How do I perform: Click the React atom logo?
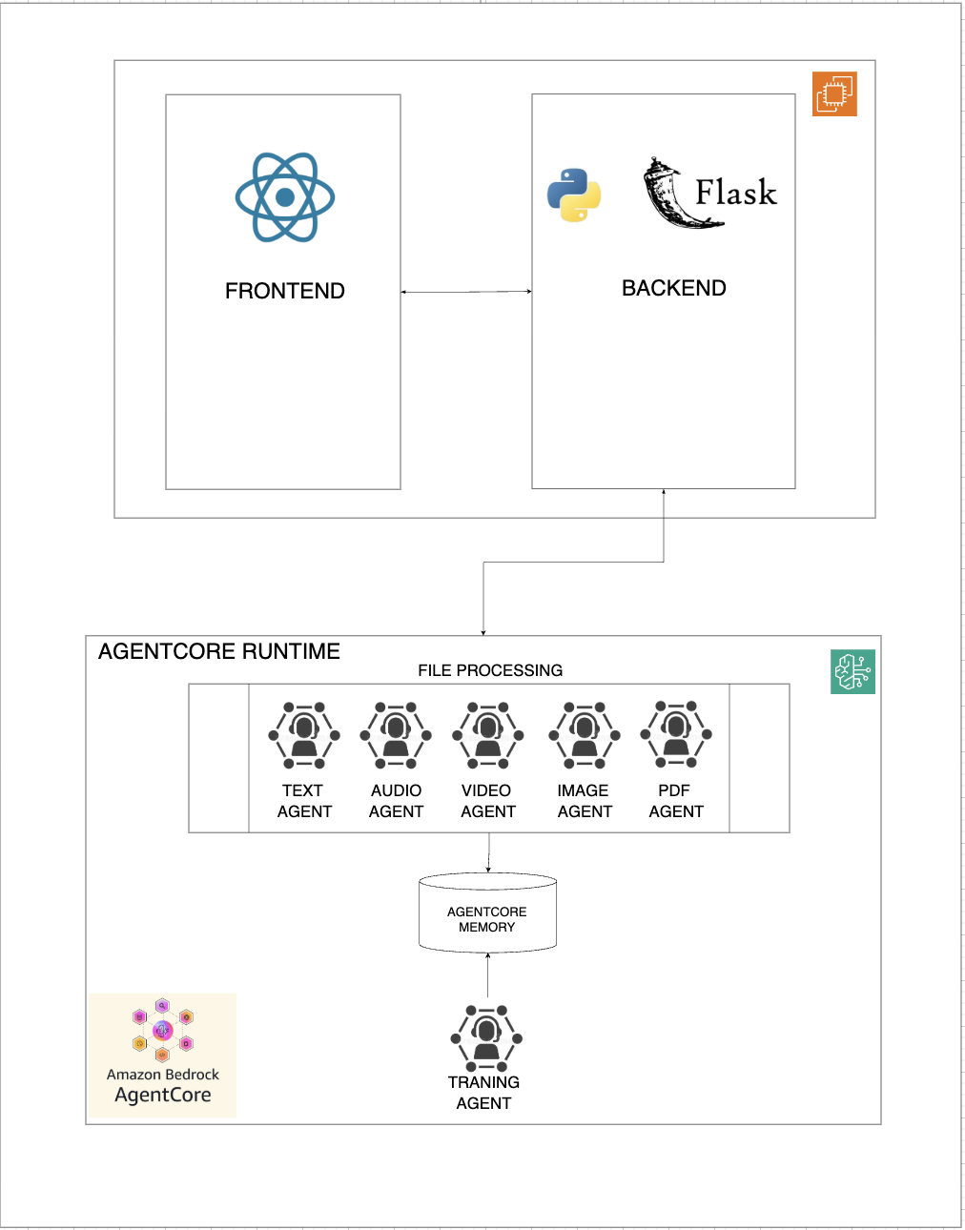[285, 197]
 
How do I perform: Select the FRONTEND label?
[284, 291]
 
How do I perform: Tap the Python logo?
[574, 195]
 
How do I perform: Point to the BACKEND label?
[673, 288]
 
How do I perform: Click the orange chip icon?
[834, 93]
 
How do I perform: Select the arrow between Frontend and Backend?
[465, 292]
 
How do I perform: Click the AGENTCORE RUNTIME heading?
[219, 651]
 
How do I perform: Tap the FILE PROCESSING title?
[490, 670]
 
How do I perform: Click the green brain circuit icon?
[852, 671]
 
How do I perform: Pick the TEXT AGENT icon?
[304, 735]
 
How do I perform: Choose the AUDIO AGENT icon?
[396, 735]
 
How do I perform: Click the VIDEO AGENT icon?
[488, 735]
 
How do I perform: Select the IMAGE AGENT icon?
[585, 735]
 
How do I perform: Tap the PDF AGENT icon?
[676, 734]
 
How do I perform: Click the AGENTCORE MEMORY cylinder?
[487, 913]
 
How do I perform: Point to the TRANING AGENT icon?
[486, 1037]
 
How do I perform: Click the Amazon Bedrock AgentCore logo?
[163, 1055]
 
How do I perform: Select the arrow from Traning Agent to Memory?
[487, 974]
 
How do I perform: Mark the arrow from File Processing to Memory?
[489, 852]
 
